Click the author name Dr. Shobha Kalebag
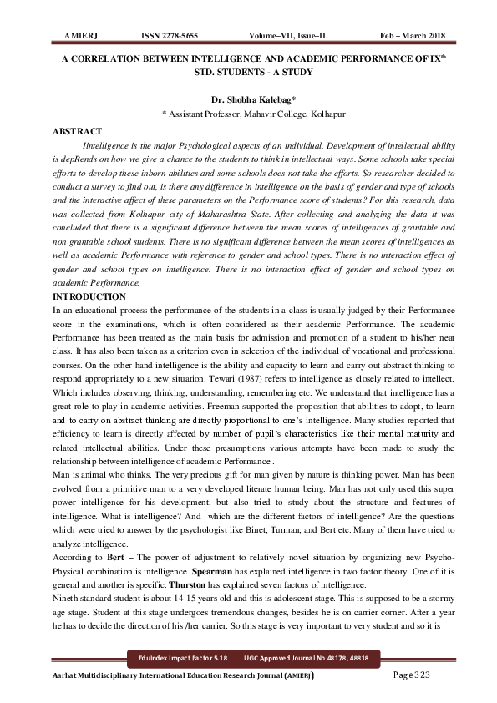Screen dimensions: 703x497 pos(246,98)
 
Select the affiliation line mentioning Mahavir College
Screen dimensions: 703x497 pos(248,112)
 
